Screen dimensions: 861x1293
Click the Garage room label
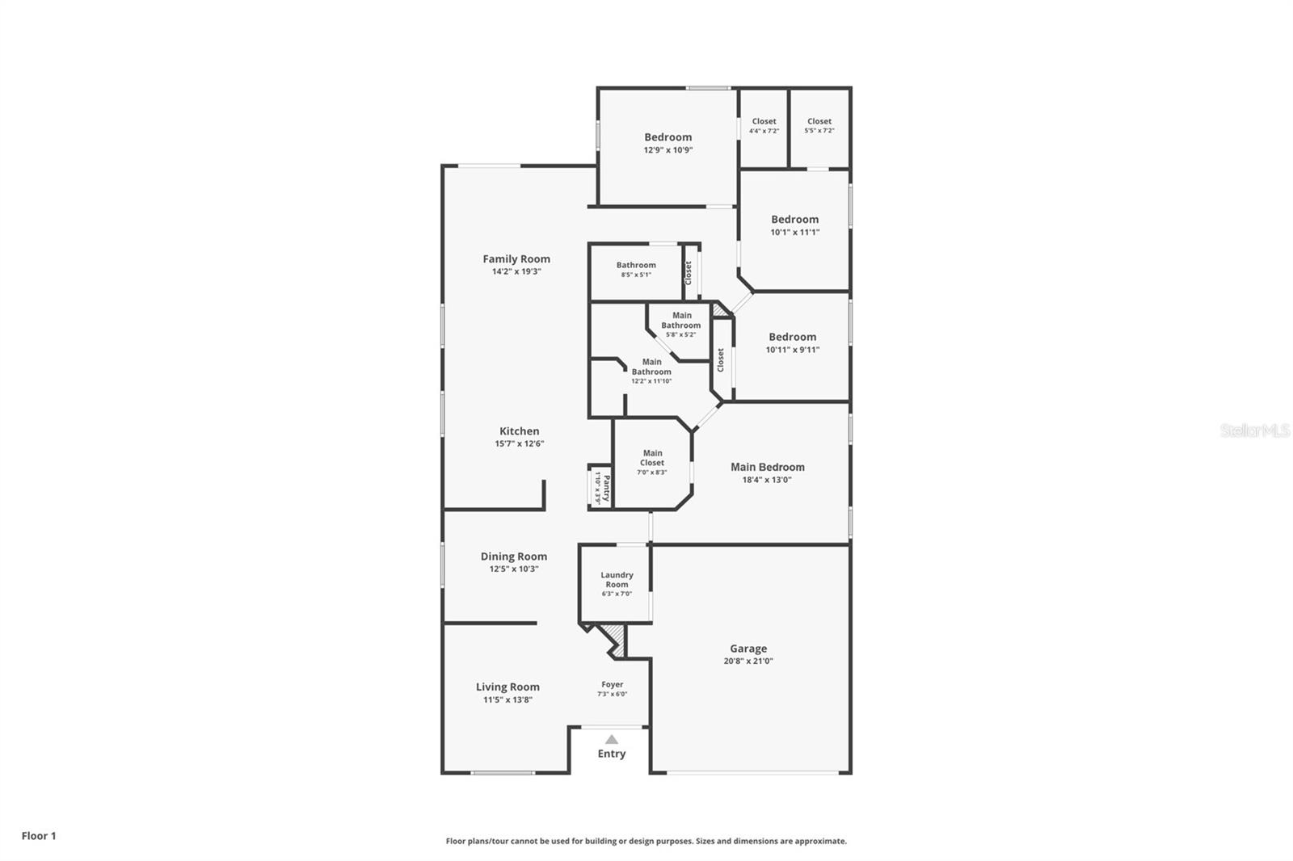tap(748, 649)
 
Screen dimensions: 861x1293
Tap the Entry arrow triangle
tap(612, 739)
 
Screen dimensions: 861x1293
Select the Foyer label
tap(612, 685)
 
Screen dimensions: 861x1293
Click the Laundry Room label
tap(617, 580)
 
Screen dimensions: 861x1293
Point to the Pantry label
tap(606, 487)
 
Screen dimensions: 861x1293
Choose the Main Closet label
tap(652, 458)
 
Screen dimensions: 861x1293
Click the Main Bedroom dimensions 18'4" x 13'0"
tap(767, 480)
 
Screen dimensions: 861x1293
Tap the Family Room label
tap(516, 259)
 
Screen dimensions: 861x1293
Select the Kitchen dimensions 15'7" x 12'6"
tap(519, 443)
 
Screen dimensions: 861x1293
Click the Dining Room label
tap(514, 556)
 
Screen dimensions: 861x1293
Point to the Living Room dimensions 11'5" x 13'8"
tap(508, 699)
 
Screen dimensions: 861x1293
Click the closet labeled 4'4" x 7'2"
tap(764, 125)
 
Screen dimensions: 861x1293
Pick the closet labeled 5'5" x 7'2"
tap(819, 125)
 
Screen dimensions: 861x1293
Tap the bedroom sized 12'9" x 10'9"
tap(668, 143)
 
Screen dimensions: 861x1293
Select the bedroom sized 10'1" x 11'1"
tap(794, 225)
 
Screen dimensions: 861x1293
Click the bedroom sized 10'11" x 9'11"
tap(792, 342)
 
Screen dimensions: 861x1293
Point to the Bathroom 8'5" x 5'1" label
tap(636, 269)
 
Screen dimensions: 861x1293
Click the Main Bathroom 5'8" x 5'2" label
tap(681, 325)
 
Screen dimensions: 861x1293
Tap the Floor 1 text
tap(39, 836)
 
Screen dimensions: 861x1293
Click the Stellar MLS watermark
tap(1254, 430)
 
